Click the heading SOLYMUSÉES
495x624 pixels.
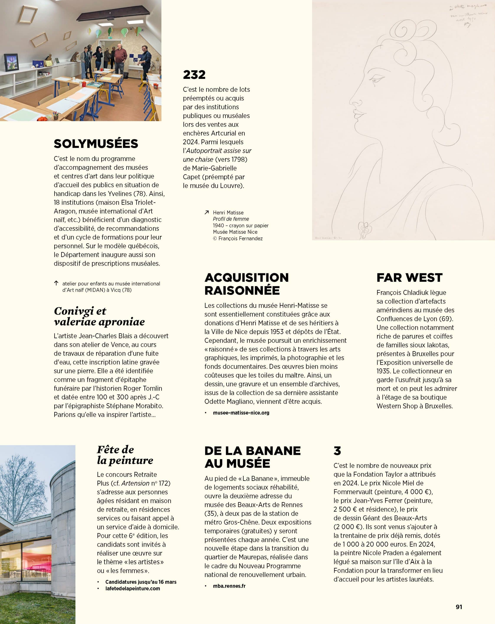[96, 144]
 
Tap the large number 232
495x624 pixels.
[194, 75]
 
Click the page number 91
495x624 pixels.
[459, 607]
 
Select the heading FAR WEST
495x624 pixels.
[409, 278]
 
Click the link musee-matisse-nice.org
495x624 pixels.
[241, 413]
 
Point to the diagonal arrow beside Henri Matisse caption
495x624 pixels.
[207, 212]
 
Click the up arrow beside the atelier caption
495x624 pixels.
[56, 283]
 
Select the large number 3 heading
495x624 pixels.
[337, 451]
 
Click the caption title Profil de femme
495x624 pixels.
[231, 219]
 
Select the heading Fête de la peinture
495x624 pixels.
[125, 455]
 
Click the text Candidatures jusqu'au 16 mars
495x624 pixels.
[141, 582]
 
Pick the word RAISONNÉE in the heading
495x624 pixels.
[242, 290]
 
